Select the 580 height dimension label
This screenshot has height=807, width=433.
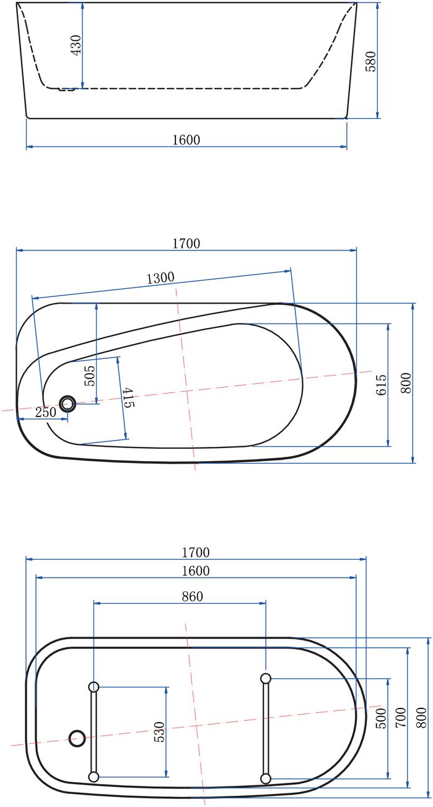click(370, 61)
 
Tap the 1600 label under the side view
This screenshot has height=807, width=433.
click(186, 140)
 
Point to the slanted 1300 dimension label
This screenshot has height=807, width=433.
click(160, 278)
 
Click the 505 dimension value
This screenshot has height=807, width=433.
click(89, 376)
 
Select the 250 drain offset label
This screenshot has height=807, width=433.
click(45, 412)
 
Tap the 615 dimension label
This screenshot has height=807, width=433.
click(381, 384)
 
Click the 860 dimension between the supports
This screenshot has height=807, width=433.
click(192, 596)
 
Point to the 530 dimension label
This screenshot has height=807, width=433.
click(159, 732)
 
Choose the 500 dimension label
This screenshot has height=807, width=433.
click(382, 718)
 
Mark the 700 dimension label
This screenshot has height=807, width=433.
click(401, 718)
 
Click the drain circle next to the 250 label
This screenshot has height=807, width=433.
click(68, 404)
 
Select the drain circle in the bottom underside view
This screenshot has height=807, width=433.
click(77, 738)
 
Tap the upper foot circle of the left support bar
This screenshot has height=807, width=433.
click(94, 687)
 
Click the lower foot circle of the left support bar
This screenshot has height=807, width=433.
click(94, 777)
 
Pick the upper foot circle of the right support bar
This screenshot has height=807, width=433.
click(266, 678)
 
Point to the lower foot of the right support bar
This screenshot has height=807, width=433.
click(266, 778)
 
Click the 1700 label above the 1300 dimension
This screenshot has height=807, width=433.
click(186, 244)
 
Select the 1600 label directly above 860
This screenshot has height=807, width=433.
click(196, 571)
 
